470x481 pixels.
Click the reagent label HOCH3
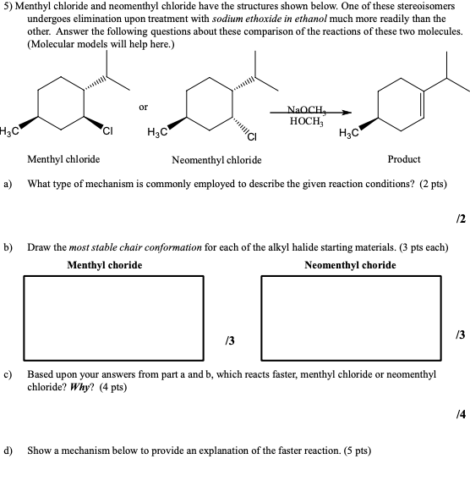[303, 121]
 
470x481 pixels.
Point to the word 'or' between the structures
[143, 107]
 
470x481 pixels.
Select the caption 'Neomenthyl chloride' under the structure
[216, 159]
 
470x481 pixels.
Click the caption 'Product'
[403, 159]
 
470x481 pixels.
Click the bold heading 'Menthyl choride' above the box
[105, 265]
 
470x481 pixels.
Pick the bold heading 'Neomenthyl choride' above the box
[349, 265]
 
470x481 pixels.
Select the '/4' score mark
[460, 412]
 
